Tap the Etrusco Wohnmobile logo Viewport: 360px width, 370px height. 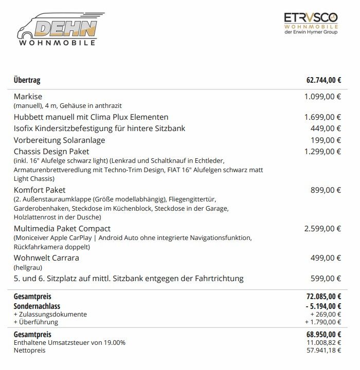[x=310, y=24]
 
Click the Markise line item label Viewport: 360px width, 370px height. [x=28, y=97]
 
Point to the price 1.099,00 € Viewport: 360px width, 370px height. [x=322, y=97]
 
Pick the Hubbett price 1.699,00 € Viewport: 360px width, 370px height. [x=322, y=117]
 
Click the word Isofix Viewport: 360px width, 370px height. [x=24, y=128]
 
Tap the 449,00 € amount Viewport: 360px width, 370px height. [x=326, y=128]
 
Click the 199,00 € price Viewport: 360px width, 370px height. [x=326, y=140]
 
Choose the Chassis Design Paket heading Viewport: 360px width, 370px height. [x=51, y=152]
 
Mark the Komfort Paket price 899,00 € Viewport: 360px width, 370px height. [x=326, y=190]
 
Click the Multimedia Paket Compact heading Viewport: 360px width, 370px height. [x=62, y=229]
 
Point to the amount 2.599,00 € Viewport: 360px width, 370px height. [x=322, y=229]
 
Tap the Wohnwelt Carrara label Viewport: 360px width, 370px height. [x=46, y=258]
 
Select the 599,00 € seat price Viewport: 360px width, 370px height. [x=326, y=279]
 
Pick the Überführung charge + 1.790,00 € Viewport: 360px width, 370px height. [x=322, y=322]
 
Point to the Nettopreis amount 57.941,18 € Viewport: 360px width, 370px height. [x=324, y=350]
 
